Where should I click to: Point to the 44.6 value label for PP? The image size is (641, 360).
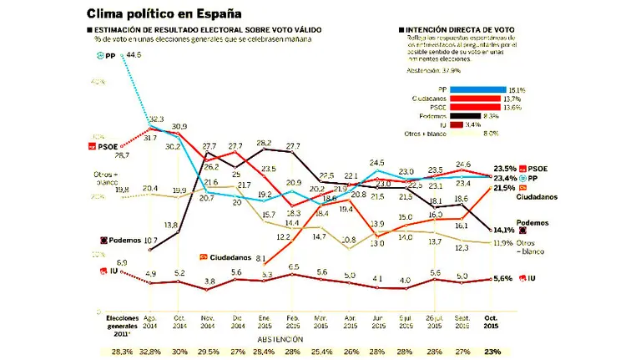coord(132,55)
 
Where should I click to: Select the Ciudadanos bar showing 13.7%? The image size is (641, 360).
coord(474,99)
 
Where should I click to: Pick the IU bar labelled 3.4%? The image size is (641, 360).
coord(456,124)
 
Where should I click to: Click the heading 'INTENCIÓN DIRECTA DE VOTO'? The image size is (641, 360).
coord(461,29)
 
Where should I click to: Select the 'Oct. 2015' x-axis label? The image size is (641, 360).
coord(492,322)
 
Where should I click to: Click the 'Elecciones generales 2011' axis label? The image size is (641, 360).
coord(122,327)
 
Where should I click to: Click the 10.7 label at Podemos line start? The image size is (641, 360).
coord(151,241)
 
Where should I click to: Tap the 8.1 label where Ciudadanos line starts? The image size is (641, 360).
coord(260,258)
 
